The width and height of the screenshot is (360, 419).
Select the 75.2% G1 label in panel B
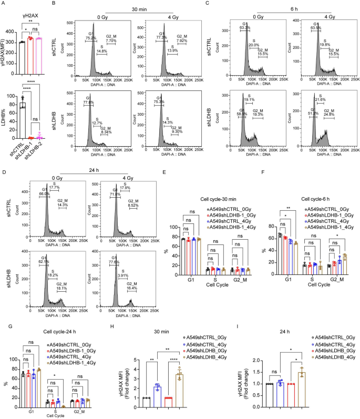click(x=90, y=38)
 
